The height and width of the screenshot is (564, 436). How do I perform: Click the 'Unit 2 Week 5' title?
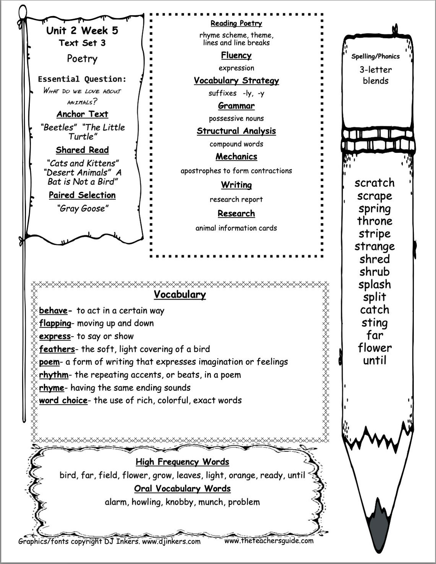click(82, 31)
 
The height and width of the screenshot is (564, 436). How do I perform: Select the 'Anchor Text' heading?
click(82, 114)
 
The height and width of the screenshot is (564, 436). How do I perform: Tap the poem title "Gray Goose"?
click(82, 208)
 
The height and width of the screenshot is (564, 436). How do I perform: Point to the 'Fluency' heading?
click(236, 56)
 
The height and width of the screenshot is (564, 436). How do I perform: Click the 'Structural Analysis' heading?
click(236, 131)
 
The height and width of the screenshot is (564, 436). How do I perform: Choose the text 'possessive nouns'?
click(236, 118)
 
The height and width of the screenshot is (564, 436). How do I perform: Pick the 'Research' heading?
click(236, 214)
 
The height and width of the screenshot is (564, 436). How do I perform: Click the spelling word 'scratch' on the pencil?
click(374, 183)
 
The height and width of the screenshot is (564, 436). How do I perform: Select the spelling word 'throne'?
click(374, 221)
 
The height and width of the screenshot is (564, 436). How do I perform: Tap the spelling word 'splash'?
click(374, 284)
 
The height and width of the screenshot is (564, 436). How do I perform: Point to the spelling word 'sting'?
click(374, 323)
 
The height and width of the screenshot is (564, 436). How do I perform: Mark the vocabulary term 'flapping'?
click(55, 323)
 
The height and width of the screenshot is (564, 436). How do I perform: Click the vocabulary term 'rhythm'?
click(54, 374)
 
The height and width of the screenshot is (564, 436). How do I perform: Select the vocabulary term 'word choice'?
click(63, 401)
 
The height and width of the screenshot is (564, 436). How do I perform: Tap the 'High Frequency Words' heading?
click(182, 462)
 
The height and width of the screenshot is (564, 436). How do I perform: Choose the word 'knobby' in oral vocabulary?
click(179, 502)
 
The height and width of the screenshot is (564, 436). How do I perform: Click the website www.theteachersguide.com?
click(268, 541)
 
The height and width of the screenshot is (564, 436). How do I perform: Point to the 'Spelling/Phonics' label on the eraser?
click(375, 56)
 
